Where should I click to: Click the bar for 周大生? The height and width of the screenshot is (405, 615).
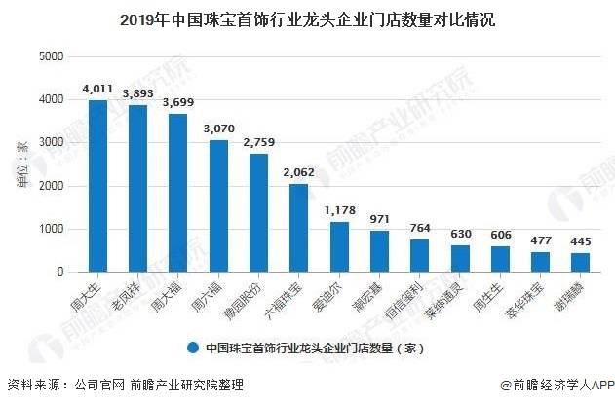tap(97, 186)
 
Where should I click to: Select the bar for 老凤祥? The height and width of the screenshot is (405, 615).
tap(137, 189)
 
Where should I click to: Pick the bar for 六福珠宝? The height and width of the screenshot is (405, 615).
tap(298, 228)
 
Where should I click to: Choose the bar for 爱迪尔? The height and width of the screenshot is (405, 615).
tap(338, 247)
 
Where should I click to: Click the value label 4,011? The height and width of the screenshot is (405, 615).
tap(97, 90)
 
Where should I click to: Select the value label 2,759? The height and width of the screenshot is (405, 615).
tap(258, 143)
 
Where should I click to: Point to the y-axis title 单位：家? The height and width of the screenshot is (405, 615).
tap(22, 165)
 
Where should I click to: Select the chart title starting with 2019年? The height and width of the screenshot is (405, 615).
tap(307, 18)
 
